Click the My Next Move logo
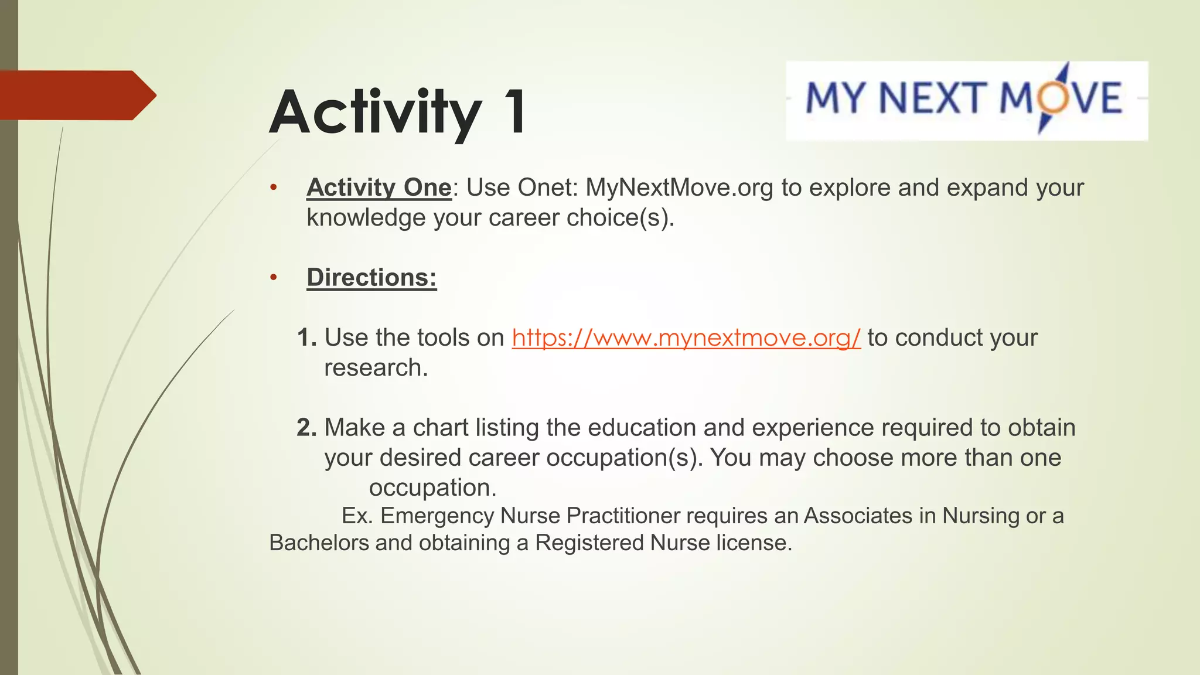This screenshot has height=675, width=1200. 966,100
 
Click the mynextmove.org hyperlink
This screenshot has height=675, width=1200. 686,338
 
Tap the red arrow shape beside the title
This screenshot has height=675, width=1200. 76,95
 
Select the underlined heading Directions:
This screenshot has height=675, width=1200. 371,277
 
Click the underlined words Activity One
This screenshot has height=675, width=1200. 379,187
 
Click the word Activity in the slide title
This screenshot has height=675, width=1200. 376,112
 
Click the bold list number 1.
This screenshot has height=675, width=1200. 306,338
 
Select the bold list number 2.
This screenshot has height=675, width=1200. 306,428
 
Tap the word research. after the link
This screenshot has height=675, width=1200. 376,368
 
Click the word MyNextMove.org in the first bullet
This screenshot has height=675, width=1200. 679,187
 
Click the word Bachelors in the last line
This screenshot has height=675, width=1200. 319,543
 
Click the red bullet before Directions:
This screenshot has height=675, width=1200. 273,277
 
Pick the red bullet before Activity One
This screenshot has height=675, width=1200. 273,187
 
